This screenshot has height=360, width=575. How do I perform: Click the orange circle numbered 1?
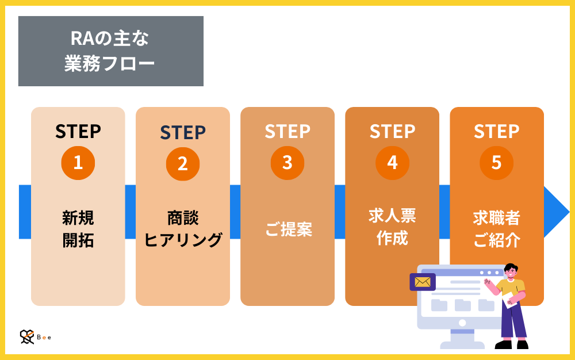78,163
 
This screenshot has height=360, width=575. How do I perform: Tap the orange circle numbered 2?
183,163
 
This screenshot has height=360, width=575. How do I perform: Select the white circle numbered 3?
287,163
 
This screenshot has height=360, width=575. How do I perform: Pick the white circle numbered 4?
392,163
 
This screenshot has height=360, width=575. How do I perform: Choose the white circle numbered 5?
497,163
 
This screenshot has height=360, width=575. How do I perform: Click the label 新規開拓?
78,229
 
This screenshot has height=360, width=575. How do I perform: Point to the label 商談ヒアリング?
183,229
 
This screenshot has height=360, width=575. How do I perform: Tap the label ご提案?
288,229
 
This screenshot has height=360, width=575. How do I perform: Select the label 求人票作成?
392,227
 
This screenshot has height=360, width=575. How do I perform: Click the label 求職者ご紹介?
497,229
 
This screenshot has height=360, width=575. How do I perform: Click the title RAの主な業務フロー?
110,51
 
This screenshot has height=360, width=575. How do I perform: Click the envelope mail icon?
423,282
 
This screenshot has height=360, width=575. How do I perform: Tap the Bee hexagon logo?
27,337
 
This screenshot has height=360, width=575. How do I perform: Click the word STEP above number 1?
78,132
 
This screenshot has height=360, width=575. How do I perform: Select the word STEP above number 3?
287,132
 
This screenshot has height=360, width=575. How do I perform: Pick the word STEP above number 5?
497,132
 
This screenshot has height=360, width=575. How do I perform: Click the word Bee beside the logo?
44,338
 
